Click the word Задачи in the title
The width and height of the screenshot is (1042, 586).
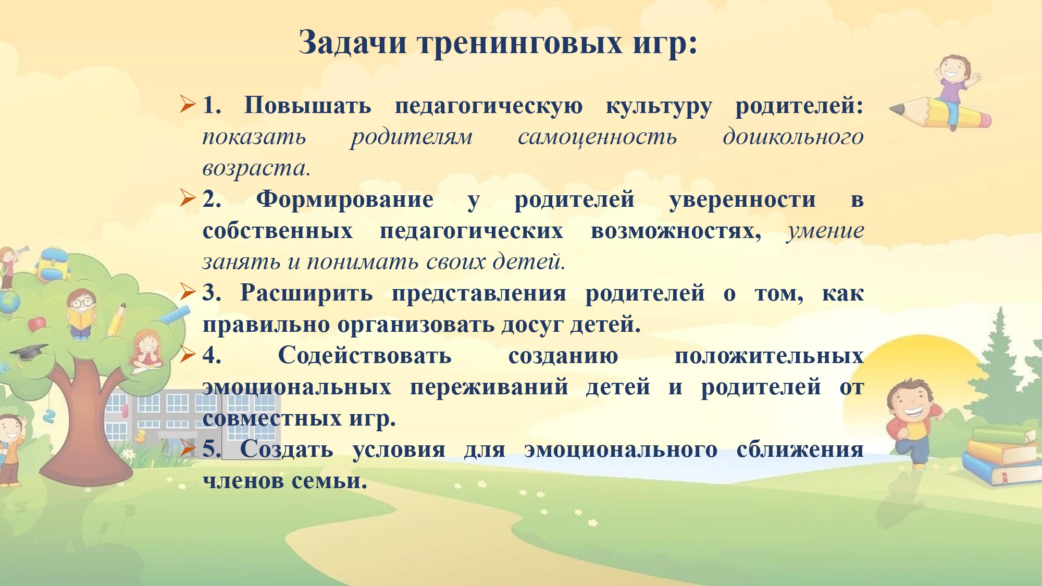click(353, 43)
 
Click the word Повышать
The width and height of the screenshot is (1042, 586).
click(307, 106)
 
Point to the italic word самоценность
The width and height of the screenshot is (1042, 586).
click(598, 138)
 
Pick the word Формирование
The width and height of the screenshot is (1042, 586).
click(344, 200)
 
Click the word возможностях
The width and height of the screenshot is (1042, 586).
click(676, 231)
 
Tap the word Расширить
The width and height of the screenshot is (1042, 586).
click(306, 293)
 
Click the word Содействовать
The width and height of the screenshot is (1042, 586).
click(365, 356)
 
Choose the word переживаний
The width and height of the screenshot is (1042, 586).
click(489, 388)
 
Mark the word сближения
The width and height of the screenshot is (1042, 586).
click(800, 450)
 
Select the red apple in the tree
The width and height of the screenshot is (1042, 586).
click(36, 324)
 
